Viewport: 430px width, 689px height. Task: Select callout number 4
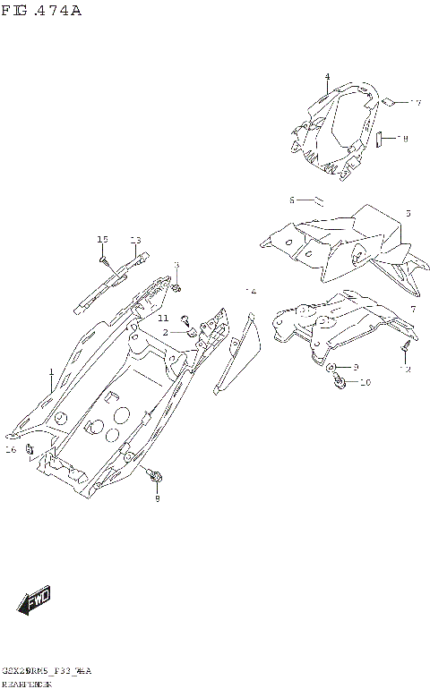327,77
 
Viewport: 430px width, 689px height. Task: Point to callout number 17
415,104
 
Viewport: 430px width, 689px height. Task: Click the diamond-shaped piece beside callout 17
389,102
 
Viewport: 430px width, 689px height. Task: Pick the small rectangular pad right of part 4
379,139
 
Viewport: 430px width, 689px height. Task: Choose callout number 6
292,200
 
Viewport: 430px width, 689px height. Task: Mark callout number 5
408,214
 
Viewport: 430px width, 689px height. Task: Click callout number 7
412,310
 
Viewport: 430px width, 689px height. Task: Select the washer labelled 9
331,368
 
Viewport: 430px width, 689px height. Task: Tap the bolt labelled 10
340,382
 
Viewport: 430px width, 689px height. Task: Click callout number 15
102,240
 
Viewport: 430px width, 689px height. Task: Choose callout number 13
136,240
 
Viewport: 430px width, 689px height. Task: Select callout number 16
11,449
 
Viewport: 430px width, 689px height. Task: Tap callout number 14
251,292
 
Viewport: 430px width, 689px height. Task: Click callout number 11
163,319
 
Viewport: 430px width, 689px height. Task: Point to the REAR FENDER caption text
27,683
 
